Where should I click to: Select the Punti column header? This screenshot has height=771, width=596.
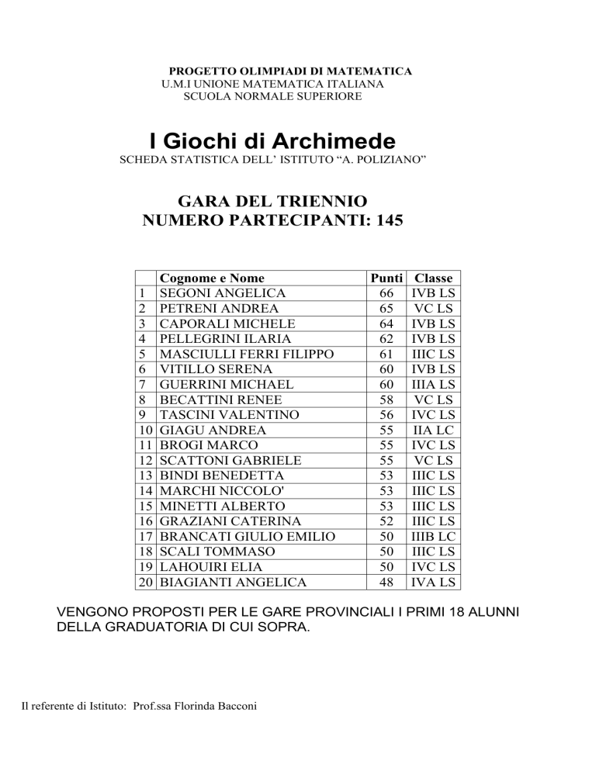pos(385,278)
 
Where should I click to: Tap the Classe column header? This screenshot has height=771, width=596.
pos(434,278)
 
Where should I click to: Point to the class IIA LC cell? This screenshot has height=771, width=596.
pos(434,429)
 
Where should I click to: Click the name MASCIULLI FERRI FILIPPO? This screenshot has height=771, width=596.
pos(246,354)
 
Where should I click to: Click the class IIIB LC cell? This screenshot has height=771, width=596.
pos(434,534)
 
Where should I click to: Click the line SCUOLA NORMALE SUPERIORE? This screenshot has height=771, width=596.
pos(272,96)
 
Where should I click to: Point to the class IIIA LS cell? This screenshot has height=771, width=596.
pos(434,384)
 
